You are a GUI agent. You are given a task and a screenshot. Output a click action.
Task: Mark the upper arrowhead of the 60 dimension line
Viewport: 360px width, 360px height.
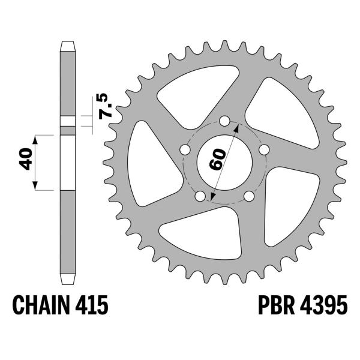tap(238, 128)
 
